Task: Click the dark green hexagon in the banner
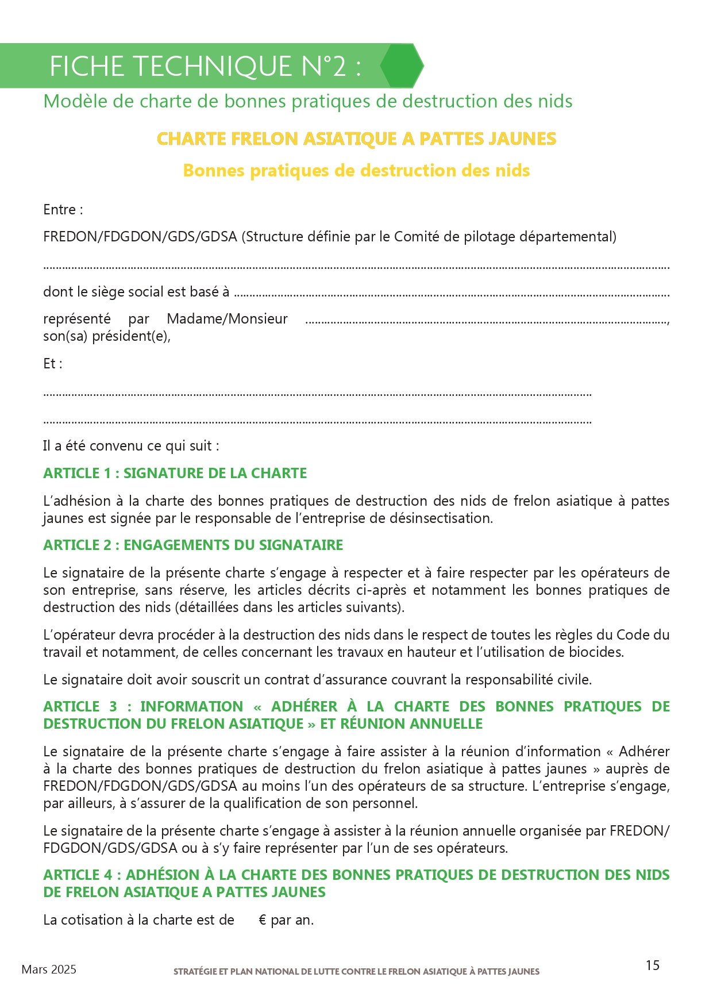402,66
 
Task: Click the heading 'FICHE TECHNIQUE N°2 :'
205,66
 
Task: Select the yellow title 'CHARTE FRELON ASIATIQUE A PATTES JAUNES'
356,139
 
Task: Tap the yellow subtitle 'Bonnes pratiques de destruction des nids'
356,171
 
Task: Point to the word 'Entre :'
63,210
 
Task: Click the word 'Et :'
53,364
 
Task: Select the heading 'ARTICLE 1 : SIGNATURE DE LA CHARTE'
175,473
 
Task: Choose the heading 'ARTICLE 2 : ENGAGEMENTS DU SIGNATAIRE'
193,545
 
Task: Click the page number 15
652,965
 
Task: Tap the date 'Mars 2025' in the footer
49,969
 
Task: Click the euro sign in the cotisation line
263,920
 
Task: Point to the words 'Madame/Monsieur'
227,319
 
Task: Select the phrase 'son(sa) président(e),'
107,336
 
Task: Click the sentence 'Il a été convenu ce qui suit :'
131,446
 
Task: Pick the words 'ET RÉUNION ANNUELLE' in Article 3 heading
401,724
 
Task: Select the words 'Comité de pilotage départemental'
503,237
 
